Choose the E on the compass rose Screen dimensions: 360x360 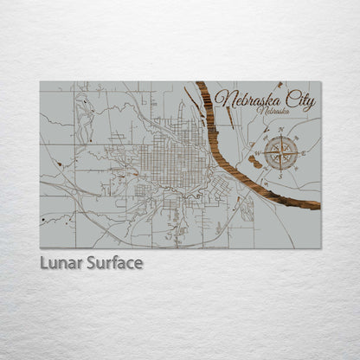tap(304, 155)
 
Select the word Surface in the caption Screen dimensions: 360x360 tap(113, 262)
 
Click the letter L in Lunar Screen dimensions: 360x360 tap(43, 262)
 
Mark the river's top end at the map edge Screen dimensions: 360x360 tap(202, 84)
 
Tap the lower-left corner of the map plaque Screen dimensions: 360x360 tap(41, 247)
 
